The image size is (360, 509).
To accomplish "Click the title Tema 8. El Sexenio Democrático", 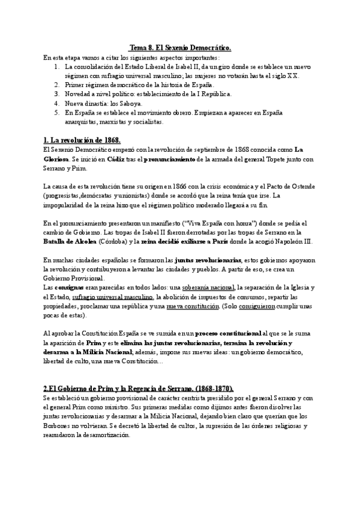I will [x=181, y=47].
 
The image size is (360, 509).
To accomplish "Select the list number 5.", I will [x=56, y=112].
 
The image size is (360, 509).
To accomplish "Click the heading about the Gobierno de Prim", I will [x=139, y=388].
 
